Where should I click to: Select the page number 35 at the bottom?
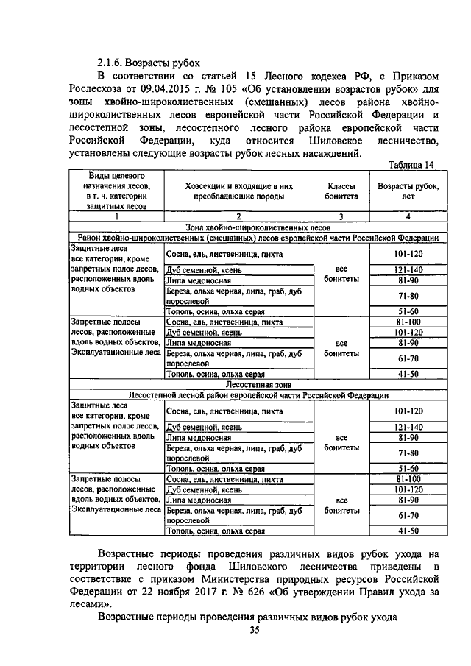(255, 630)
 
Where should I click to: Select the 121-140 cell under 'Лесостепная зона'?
(408, 426)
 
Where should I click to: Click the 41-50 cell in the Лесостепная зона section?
(408, 530)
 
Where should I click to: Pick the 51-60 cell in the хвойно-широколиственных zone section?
(408, 311)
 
